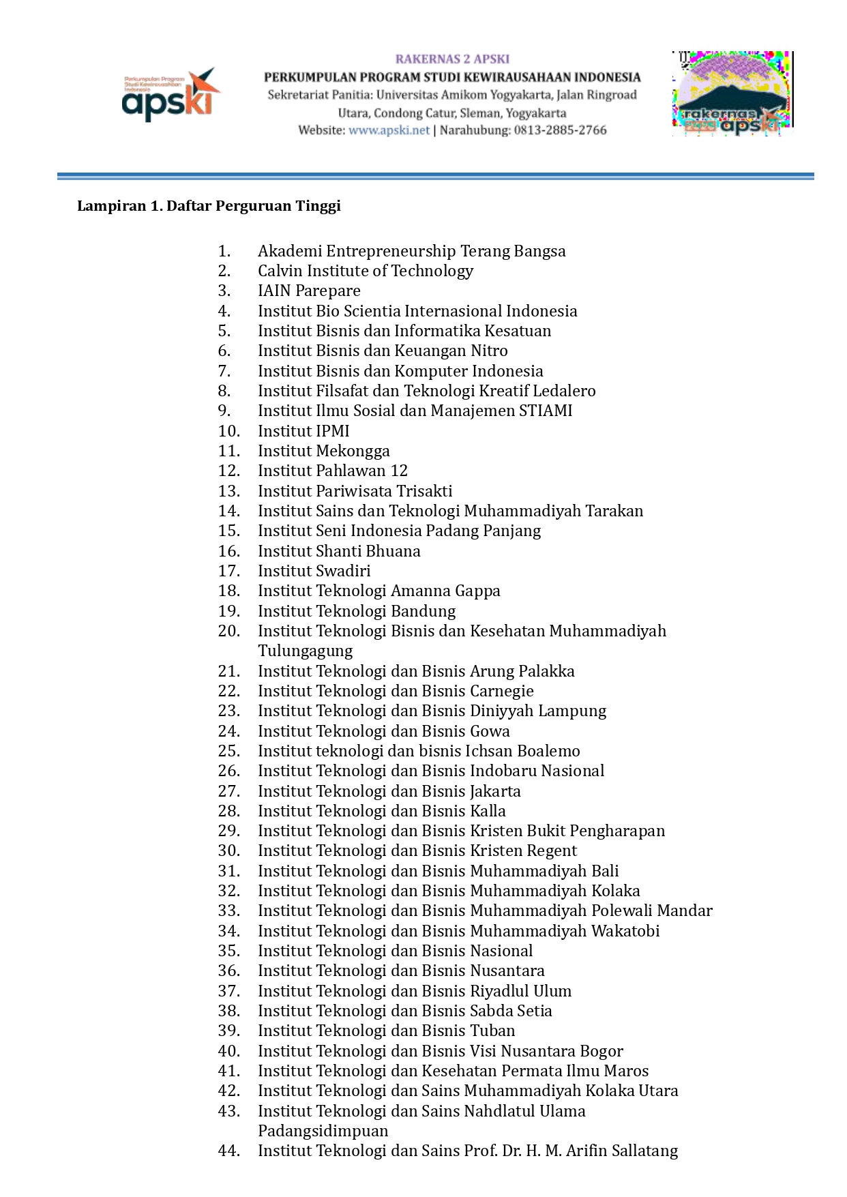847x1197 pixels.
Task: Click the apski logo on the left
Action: pos(170,95)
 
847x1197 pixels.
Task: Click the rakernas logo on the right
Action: pos(732,93)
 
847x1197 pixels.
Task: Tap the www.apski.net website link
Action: pos(389,130)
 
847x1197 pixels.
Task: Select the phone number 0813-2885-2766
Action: pos(560,130)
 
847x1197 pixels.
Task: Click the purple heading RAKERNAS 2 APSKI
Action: pos(452,59)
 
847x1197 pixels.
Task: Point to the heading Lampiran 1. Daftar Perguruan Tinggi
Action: pos(209,206)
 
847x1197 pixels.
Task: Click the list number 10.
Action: pos(228,431)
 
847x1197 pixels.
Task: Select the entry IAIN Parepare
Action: pos(309,291)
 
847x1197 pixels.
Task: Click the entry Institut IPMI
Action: pos(303,431)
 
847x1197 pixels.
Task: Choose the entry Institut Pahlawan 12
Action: pos(333,471)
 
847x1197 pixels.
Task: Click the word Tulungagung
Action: pos(306,651)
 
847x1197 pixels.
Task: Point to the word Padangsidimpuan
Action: pos(323,1132)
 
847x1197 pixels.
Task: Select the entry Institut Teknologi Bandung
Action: pos(357,611)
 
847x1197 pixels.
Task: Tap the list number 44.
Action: pos(228,1151)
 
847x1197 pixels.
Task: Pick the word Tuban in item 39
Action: pos(492,1031)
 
